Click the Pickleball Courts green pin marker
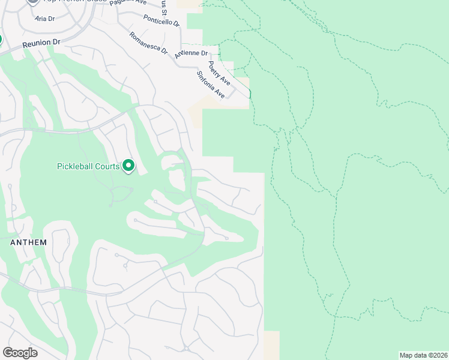coord(128,165)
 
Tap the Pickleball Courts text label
coord(88,166)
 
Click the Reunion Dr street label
coord(42,44)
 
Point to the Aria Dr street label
coord(44,19)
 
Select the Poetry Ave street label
coord(219,73)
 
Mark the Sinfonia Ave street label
coord(211,85)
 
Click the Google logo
coord(20,353)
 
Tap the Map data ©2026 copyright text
coord(423,355)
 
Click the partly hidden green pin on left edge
coord(1,40)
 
